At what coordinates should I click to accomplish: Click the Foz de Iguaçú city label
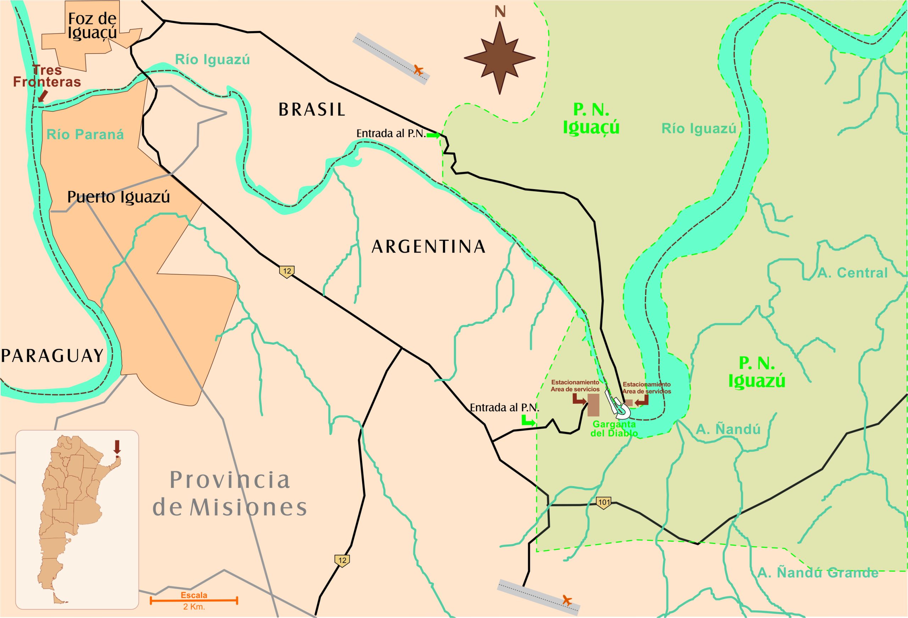(x=92, y=26)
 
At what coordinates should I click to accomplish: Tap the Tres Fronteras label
(x=47, y=76)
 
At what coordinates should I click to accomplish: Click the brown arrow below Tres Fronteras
(x=43, y=96)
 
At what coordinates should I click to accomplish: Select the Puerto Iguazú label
(x=118, y=197)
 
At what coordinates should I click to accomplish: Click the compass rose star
(x=499, y=58)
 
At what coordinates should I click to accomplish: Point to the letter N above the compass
(x=500, y=12)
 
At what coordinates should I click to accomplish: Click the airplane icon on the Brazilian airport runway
(x=419, y=71)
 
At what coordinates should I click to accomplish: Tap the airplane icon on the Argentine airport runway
(x=567, y=600)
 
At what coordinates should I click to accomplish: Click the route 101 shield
(x=603, y=503)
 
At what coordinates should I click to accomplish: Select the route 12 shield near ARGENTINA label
(x=287, y=271)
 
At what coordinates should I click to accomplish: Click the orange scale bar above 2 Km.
(x=194, y=599)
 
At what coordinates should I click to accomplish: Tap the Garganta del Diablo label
(x=614, y=429)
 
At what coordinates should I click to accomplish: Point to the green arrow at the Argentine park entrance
(x=528, y=421)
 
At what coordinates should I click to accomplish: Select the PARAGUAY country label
(x=52, y=356)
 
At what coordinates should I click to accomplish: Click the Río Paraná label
(x=85, y=135)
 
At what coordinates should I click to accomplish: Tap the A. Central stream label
(x=852, y=273)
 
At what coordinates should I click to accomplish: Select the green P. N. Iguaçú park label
(x=591, y=119)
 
